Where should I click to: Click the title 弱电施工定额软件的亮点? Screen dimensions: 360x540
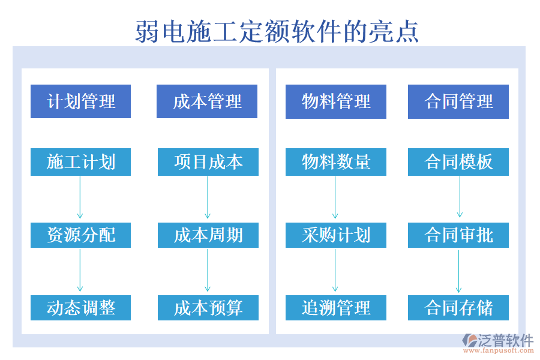tap(277, 31)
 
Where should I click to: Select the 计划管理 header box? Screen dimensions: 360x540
tap(81, 101)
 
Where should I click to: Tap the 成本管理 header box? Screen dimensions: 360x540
tap(207, 101)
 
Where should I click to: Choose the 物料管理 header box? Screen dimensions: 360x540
tap(336, 101)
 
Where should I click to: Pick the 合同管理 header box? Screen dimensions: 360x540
tap(458, 101)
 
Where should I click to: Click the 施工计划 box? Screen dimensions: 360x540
tap(81, 162)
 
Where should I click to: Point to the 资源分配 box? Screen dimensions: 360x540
tap(81, 235)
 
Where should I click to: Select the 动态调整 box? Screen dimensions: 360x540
tap(81, 308)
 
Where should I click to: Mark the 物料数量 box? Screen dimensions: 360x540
tap(336, 162)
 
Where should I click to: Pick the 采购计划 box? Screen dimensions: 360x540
tap(336, 235)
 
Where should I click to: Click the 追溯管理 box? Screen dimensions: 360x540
tap(336, 308)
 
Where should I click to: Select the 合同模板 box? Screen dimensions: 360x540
tap(458, 162)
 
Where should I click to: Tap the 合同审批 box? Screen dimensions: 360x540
tap(458, 235)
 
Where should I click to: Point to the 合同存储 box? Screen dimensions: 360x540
tap(458, 308)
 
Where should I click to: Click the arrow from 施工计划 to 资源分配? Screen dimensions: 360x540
tap(80, 198)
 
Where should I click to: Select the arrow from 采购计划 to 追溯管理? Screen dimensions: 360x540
tap(335, 271)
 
